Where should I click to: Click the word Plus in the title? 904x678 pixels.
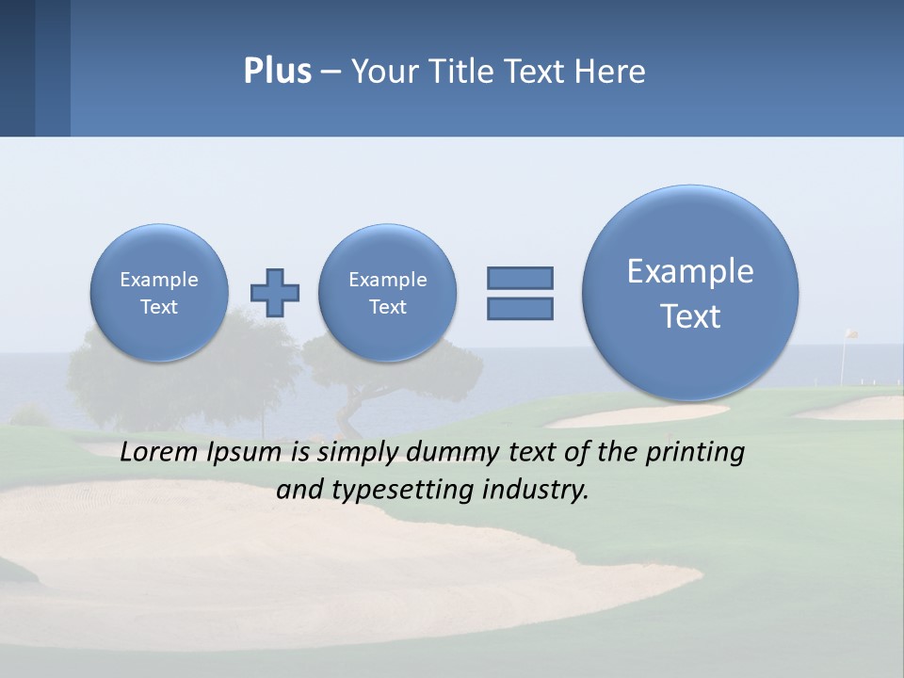(277, 72)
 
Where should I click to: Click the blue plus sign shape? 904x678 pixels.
(275, 293)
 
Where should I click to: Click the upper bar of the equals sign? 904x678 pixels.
(520, 278)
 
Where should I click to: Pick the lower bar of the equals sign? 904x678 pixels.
(520, 308)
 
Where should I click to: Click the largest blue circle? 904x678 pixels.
(690, 293)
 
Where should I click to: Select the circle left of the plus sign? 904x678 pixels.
(159, 293)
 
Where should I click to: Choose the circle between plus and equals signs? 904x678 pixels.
(387, 293)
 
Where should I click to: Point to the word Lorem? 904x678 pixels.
(161, 453)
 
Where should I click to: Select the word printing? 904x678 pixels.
(694, 453)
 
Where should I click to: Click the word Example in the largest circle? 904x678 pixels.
(690, 271)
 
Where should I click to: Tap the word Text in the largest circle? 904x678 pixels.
(690, 316)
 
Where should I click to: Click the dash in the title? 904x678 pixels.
(331, 73)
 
